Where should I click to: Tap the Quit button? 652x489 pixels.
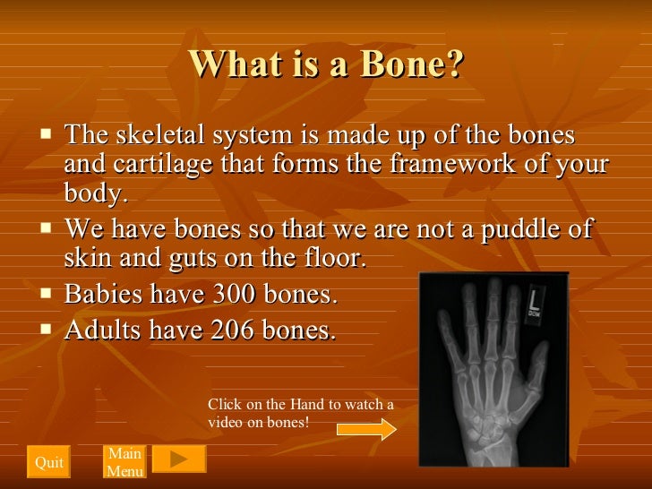coord(48,462)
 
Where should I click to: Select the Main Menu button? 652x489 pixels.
coord(124,462)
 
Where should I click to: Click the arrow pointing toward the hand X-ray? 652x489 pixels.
coord(366,430)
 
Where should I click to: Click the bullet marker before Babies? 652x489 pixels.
coord(48,292)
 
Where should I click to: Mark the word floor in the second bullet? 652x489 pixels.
coord(337,259)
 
